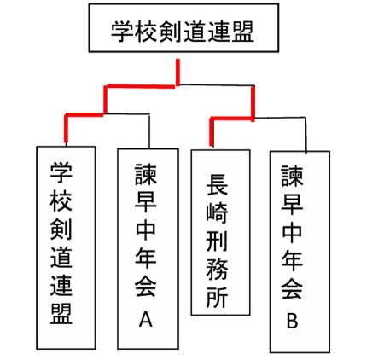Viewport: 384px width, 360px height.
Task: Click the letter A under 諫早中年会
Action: [x=145, y=319]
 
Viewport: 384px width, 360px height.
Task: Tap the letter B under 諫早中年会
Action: [x=292, y=321]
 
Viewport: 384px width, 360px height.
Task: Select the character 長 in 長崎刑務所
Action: [x=217, y=184]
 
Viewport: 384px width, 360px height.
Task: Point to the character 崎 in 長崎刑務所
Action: [x=217, y=212]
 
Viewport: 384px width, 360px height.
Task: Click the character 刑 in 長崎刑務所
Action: [x=217, y=241]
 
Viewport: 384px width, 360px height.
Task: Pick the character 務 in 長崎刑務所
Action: [x=217, y=269]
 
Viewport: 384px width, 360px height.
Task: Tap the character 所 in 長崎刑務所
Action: [x=217, y=297]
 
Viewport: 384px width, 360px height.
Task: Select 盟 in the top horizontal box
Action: [x=242, y=31]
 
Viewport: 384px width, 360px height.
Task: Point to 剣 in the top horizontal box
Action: [x=171, y=31]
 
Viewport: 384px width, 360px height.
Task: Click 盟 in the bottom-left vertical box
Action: [x=61, y=314]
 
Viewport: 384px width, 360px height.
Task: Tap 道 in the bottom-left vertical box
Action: [x=61, y=257]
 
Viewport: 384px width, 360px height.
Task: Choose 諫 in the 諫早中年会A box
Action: [x=146, y=174]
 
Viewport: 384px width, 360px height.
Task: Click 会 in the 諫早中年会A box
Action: [x=146, y=287]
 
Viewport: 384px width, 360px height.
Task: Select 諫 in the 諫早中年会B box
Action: [x=292, y=176]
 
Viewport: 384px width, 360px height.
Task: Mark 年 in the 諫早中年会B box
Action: [x=292, y=260]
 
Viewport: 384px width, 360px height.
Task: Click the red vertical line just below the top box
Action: [x=177, y=73]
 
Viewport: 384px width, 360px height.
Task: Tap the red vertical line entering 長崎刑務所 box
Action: [x=212, y=132]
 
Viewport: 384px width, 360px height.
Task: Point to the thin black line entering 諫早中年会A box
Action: [x=149, y=131]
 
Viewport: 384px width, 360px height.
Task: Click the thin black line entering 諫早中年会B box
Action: [x=306, y=135]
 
